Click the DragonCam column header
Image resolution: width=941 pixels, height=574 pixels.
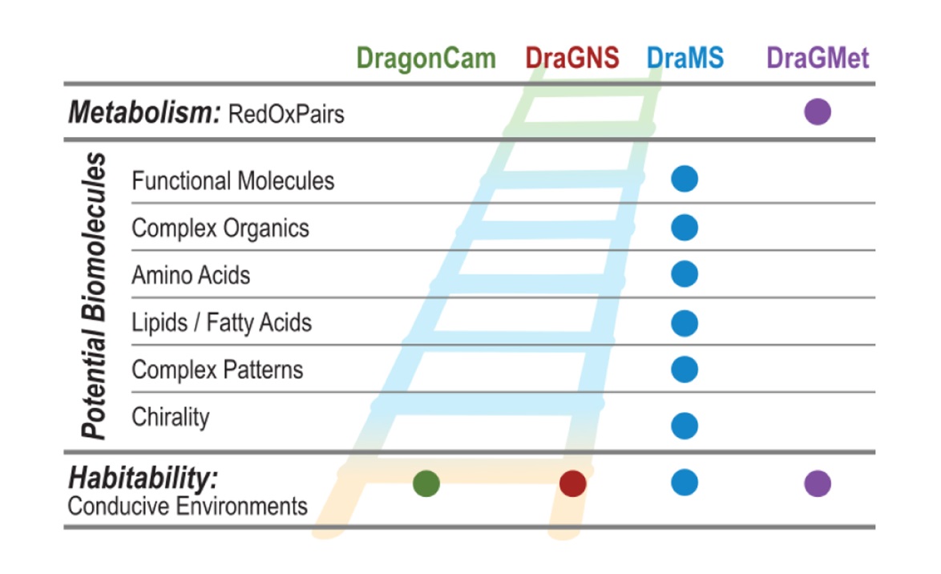(x=426, y=59)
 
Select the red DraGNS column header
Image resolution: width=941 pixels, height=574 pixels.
(x=572, y=59)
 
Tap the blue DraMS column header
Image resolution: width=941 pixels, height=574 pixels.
(x=685, y=59)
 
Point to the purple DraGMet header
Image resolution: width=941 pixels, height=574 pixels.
(x=818, y=59)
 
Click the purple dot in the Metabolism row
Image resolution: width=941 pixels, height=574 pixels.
(x=818, y=111)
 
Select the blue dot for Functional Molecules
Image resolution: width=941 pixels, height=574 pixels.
(x=685, y=179)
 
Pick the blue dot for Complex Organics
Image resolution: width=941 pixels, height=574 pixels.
(x=685, y=228)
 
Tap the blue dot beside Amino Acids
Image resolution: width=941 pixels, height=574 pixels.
(x=685, y=274)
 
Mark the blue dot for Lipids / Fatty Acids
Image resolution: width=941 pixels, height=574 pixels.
(x=685, y=323)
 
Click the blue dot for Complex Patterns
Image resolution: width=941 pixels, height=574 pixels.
(x=685, y=370)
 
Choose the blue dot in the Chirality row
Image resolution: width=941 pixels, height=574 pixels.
(x=685, y=426)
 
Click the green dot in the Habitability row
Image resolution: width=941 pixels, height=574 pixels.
(x=426, y=483)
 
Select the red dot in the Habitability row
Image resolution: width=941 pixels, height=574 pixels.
(x=572, y=483)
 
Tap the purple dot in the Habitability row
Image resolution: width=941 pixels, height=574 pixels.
(x=818, y=483)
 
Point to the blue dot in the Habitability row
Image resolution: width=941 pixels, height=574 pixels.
(x=685, y=483)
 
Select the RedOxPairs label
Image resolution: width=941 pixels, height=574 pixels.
(x=286, y=114)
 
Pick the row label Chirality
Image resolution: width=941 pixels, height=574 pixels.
(x=171, y=418)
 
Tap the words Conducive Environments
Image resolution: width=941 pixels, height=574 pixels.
(x=188, y=507)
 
